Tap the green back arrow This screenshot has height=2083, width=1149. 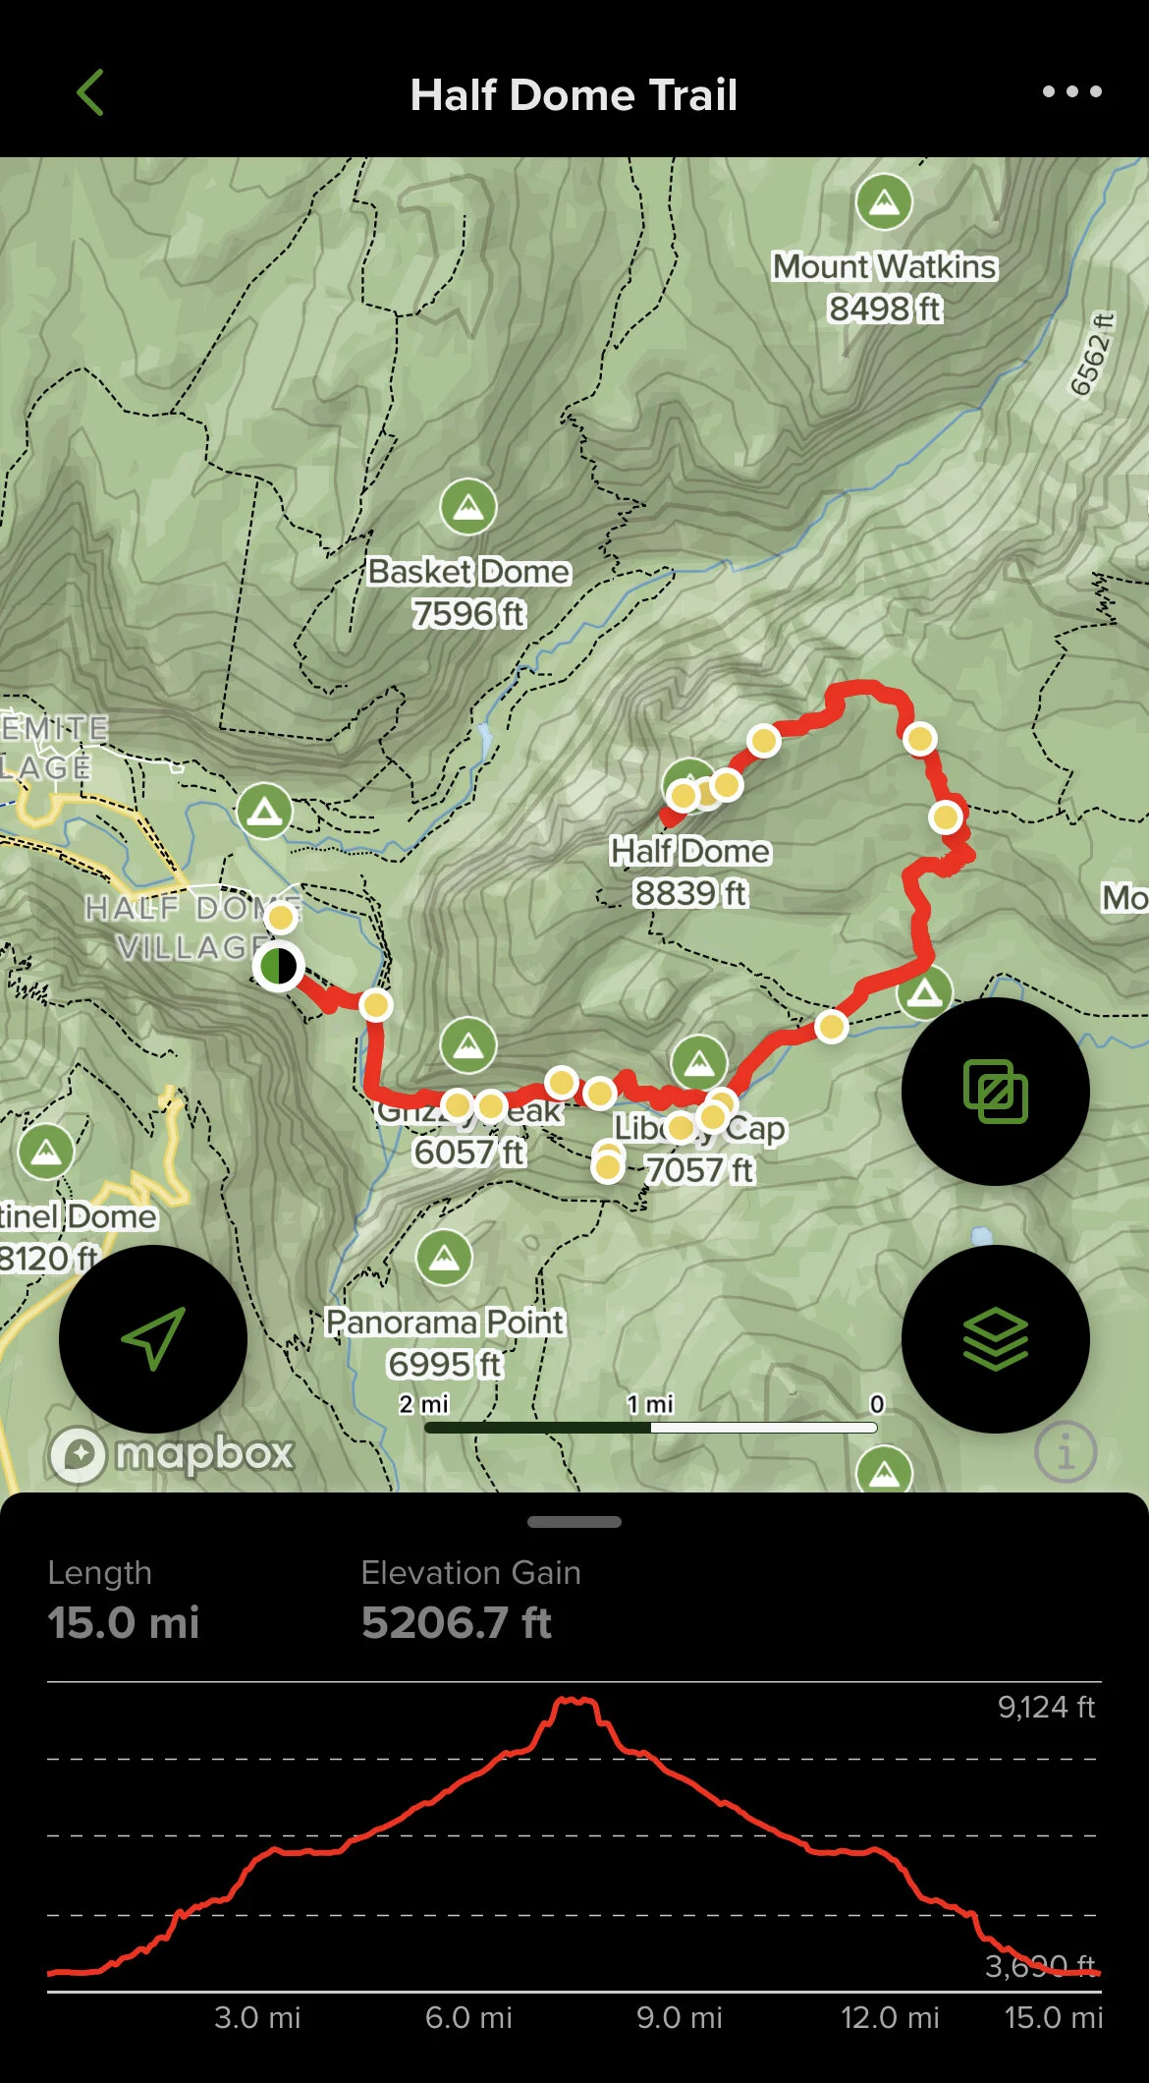click(90, 93)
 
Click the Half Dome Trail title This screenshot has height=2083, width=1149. click(574, 95)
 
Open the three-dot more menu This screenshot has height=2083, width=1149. click(1071, 92)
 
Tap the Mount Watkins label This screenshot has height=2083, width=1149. click(884, 266)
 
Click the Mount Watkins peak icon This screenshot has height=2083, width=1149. click(884, 201)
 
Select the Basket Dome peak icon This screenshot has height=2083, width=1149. click(468, 507)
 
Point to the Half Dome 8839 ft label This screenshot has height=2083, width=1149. click(689, 872)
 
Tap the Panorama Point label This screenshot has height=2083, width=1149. click(445, 1323)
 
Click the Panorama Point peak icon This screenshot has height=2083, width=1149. click(444, 1258)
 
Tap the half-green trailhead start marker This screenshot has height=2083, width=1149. click(278, 966)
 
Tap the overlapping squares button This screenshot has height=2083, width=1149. click(995, 1092)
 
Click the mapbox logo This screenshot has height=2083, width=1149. click(173, 1453)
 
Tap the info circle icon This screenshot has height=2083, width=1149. click(1066, 1451)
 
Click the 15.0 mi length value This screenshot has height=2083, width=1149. click(124, 1622)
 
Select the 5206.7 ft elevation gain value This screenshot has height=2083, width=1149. click(457, 1622)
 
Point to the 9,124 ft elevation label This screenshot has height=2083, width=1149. click(1046, 1708)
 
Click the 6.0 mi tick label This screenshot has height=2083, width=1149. click(468, 2017)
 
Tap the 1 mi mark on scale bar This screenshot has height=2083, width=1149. click(650, 1405)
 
